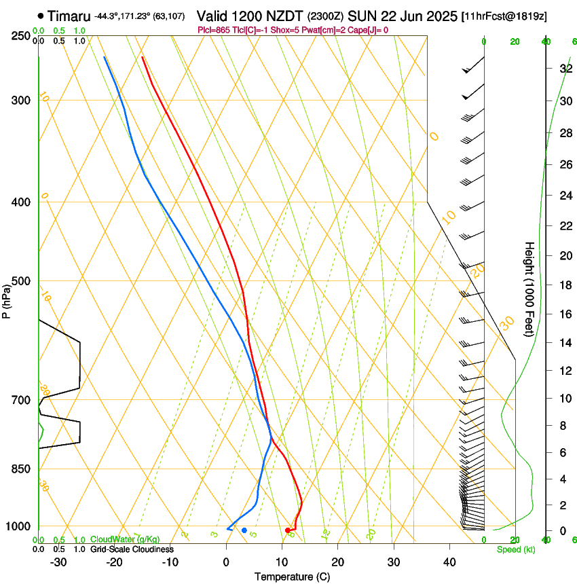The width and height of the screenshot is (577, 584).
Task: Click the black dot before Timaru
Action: pos(41,16)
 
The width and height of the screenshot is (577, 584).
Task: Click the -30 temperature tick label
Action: pos(58,562)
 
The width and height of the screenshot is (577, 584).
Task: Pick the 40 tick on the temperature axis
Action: pos(449,562)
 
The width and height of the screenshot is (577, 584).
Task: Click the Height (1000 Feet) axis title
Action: pos(529,289)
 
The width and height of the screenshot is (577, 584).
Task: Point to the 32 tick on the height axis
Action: pos(564,69)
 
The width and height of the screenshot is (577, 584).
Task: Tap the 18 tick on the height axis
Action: pos(564,285)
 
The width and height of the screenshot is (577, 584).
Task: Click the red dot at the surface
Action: pos(288,530)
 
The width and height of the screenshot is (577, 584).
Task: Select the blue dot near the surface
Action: pos(244,530)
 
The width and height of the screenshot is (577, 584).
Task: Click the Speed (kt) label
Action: pos(516,549)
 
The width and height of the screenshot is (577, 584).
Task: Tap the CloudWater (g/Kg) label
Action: pos(126,540)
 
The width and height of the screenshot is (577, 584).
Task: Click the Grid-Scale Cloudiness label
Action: pos(132,549)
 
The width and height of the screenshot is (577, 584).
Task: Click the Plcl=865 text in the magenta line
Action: pos(212,30)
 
